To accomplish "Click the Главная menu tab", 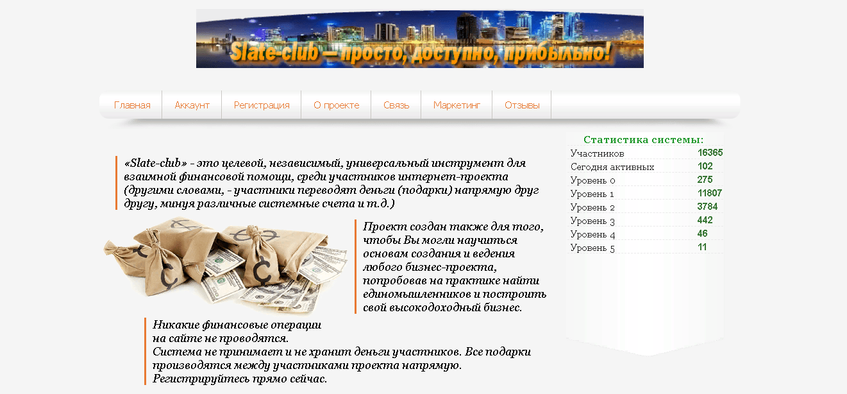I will pyautogui.click(x=132, y=105).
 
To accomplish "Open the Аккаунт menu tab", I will pyautogui.click(x=192, y=105).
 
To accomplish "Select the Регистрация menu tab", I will pyautogui.click(x=262, y=105).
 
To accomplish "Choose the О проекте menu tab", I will pyautogui.click(x=336, y=105).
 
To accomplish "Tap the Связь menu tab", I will pyautogui.click(x=396, y=105).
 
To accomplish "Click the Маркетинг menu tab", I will pyautogui.click(x=457, y=105).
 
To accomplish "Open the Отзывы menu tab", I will pyautogui.click(x=522, y=105).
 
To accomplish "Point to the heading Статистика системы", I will pyautogui.click(x=643, y=140).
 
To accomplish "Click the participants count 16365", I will pyautogui.click(x=710, y=153).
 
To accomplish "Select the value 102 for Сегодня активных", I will pyautogui.click(x=705, y=166).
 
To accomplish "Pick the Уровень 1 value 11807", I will pyautogui.click(x=710, y=193).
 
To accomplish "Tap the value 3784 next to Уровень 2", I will pyautogui.click(x=707, y=207).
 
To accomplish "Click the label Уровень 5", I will pyautogui.click(x=592, y=248).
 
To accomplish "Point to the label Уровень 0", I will pyautogui.click(x=592, y=180).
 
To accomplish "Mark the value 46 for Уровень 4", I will pyautogui.click(x=702, y=234).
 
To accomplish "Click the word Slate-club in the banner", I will pyautogui.click(x=275, y=53).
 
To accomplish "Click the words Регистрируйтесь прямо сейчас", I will pyautogui.click(x=240, y=379).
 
